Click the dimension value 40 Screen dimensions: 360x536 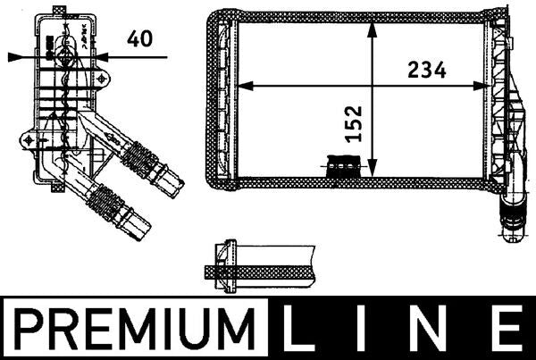pos(138,38)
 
